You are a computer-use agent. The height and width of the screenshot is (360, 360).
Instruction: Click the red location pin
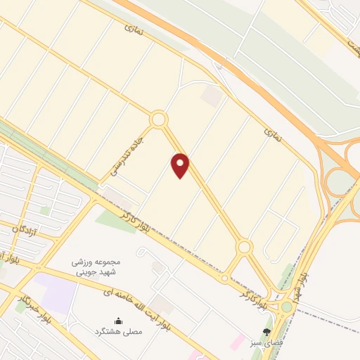(x=181, y=165)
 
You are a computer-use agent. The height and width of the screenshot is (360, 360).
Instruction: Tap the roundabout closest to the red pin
(x=159, y=120)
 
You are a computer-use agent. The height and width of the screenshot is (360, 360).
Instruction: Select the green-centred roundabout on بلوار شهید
(x=287, y=307)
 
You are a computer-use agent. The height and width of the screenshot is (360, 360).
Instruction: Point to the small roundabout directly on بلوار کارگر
(x=224, y=278)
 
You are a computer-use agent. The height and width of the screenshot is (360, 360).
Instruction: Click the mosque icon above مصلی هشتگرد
(x=117, y=321)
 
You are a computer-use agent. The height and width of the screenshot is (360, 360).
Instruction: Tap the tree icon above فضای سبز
(x=266, y=332)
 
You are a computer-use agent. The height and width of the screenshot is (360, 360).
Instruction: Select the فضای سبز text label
(x=266, y=343)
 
